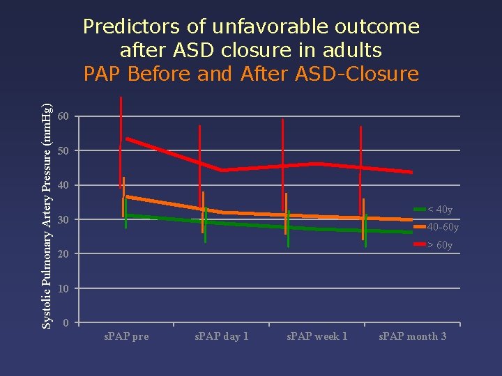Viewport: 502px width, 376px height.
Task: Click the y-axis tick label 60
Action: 64,116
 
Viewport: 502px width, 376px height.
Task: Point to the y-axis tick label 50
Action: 64,150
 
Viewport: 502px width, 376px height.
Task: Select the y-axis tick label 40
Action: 64,185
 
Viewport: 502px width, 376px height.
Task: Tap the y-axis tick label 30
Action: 64,220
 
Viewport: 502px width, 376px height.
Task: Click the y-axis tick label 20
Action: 64,254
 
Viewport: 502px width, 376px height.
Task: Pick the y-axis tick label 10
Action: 64,288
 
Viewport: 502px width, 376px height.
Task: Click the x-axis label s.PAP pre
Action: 126,337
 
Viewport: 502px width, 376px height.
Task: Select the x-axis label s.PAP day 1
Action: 221,337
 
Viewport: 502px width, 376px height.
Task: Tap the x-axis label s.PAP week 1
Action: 317,337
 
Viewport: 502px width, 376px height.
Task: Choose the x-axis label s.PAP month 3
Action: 413,337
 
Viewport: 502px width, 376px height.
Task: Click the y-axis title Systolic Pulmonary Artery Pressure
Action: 47,215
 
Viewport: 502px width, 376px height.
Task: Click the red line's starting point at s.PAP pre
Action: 127,139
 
